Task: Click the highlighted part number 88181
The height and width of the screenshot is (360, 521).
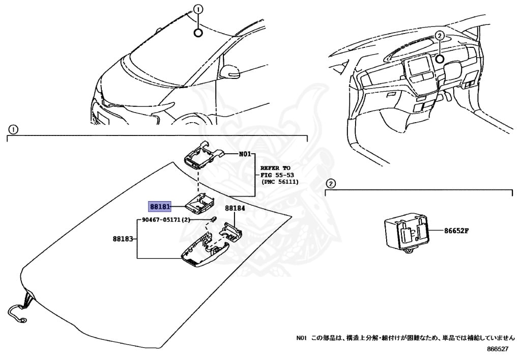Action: pos(159,207)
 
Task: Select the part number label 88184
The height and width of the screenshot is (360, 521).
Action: pos(235,208)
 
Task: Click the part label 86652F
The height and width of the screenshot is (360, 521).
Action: pos(456,230)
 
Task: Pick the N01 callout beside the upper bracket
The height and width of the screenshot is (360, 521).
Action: pos(245,153)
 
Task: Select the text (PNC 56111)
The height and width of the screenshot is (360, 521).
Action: pos(280,182)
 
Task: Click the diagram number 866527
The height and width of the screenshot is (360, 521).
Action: pos(497,349)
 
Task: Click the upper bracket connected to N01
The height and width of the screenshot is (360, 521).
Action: pos(200,155)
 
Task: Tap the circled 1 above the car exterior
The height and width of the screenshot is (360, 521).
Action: pos(198,9)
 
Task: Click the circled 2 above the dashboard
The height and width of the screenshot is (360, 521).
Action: pos(440,36)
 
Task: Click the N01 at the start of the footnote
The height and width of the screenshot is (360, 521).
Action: pos(302,338)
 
